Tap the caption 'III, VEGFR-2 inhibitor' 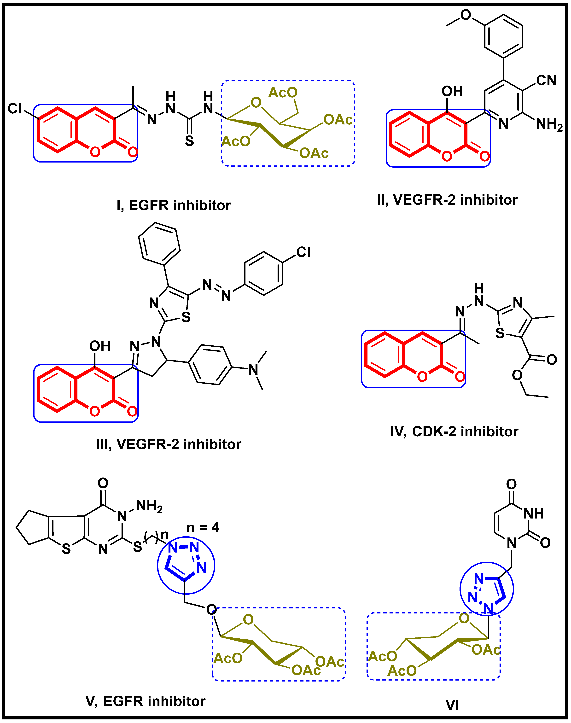(169, 444)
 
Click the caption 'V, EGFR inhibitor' (146, 701)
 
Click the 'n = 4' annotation (203, 527)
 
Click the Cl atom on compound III (303, 252)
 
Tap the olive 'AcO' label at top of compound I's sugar (282, 93)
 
